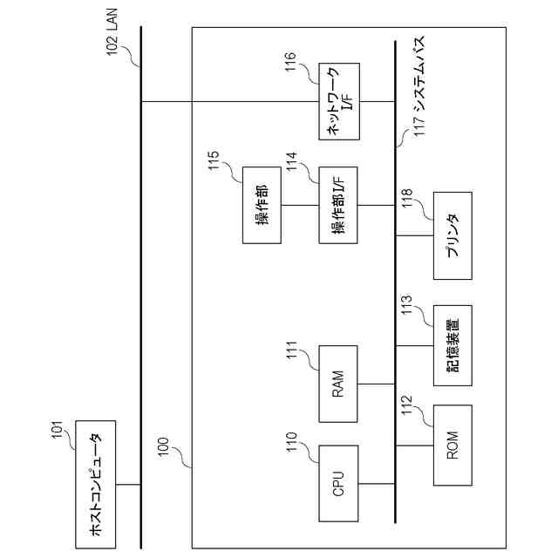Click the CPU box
pos(338,484)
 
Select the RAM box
pos(338,384)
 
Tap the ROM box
pos(453,446)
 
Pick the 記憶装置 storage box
pos(453,345)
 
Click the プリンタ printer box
pos(453,235)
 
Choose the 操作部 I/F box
pos(338,206)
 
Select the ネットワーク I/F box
pos(339,101)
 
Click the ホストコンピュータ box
pos(95,485)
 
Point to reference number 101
pos(58,430)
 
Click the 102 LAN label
pos(112,32)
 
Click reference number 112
pos(406,405)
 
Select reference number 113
pos(406,304)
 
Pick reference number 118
pos(406,198)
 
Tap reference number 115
pos(214,160)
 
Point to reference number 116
pos(290,61)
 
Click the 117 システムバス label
pos(419,86)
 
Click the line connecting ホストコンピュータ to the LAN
pos(128,485)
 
